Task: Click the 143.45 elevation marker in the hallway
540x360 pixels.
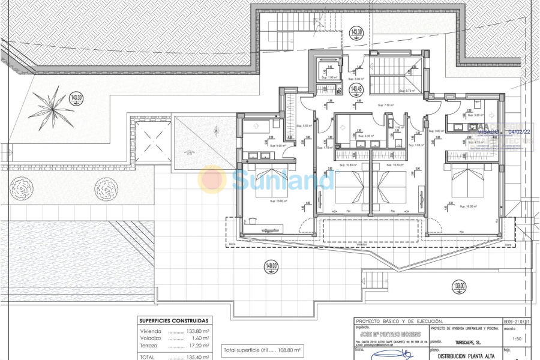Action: (x=356, y=89)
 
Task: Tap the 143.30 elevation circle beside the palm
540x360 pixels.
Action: (x=76, y=97)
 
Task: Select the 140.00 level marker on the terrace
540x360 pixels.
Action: (x=271, y=266)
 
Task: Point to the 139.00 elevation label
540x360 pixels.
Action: (x=459, y=287)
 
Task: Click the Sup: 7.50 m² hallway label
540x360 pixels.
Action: (x=385, y=105)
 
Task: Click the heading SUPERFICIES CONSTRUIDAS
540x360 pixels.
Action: (x=173, y=321)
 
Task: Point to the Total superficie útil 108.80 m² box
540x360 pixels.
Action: (x=262, y=349)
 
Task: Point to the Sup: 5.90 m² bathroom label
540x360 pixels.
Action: (x=277, y=145)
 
